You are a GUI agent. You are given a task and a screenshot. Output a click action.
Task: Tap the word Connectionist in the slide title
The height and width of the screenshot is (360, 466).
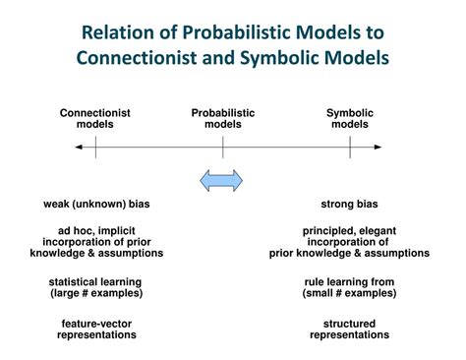(x=140, y=57)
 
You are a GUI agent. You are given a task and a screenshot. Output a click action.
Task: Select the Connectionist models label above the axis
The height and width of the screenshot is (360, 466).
(x=95, y=118)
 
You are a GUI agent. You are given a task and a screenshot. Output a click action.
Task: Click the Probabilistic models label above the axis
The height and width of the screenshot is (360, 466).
(x=223, y=118)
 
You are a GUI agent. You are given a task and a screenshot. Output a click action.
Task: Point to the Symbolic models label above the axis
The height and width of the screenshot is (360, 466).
(x=350, y=118)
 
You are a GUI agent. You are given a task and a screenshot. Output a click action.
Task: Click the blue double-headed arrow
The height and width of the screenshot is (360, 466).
(x=222, y=180)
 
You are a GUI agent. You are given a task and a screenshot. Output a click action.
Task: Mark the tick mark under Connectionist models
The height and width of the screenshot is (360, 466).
(x=95, y=147)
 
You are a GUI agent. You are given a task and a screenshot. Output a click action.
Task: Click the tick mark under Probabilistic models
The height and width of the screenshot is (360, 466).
(x=223, y=147)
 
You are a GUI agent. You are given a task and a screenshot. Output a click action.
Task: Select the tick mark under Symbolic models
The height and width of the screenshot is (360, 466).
(x=350, y=147)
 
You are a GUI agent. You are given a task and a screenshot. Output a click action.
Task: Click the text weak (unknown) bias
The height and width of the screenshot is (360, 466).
(x=96, y=205)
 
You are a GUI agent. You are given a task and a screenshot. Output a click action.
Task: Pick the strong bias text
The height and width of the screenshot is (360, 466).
(x=350, y=205)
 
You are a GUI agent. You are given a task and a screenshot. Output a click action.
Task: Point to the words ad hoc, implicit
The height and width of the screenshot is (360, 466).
(x=96, y=231)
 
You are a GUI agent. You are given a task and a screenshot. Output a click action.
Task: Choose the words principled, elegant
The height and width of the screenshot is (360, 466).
(x=350, y=231)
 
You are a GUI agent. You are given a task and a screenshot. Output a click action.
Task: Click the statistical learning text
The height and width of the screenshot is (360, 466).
(x=96, y=281)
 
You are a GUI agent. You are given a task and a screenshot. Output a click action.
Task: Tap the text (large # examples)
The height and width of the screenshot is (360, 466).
(x=96, y=293)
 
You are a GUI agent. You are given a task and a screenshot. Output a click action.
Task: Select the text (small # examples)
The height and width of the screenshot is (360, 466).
(x=350, y=293)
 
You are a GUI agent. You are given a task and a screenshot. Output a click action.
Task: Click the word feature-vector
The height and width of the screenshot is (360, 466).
(x=96, y=324)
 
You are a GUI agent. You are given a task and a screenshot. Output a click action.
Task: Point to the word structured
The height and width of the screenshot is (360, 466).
(x=350, y=324)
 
